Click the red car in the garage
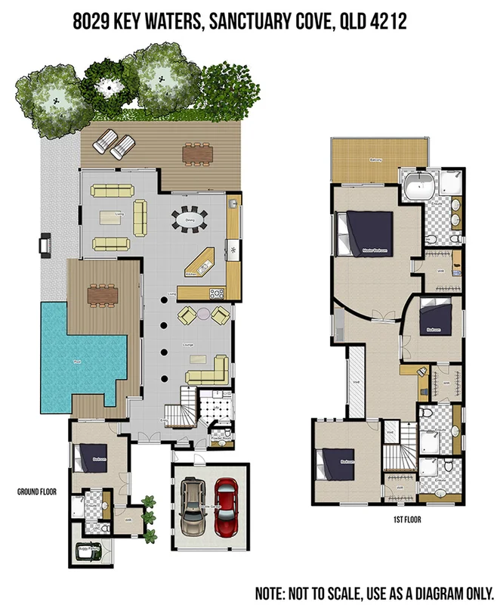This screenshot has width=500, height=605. click(226, 507)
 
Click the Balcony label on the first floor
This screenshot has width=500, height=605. click(375, 160)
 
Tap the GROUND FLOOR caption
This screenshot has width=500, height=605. click(37, 492)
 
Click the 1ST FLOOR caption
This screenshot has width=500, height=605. click(406, 520)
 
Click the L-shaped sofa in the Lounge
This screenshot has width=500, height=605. click(209, 370)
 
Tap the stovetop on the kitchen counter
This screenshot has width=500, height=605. click(217, 293)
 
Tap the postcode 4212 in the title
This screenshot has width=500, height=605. click(389, 23)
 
